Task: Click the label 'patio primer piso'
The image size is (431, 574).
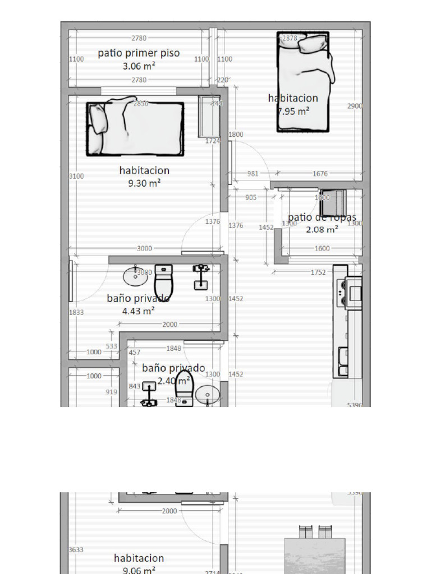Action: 139,53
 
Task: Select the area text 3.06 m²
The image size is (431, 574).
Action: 139,66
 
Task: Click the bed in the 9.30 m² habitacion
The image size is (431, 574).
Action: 135,127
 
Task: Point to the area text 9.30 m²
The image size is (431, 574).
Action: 144,183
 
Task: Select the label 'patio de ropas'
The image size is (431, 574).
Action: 322,217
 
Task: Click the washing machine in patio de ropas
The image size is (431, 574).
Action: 333,202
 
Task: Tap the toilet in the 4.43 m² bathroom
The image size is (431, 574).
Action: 164,280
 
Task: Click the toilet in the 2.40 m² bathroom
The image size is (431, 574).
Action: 184,387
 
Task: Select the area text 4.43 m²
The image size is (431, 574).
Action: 138,311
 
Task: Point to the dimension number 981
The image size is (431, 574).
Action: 253,174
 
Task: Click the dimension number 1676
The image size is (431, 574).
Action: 320,174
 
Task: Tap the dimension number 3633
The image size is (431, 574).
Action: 76,550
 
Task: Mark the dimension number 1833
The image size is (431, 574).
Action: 76,312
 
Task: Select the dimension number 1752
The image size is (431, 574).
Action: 318,272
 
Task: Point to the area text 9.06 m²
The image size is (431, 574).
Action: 139,570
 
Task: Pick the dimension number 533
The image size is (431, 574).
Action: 112,346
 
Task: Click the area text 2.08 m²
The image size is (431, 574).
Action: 322,229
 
